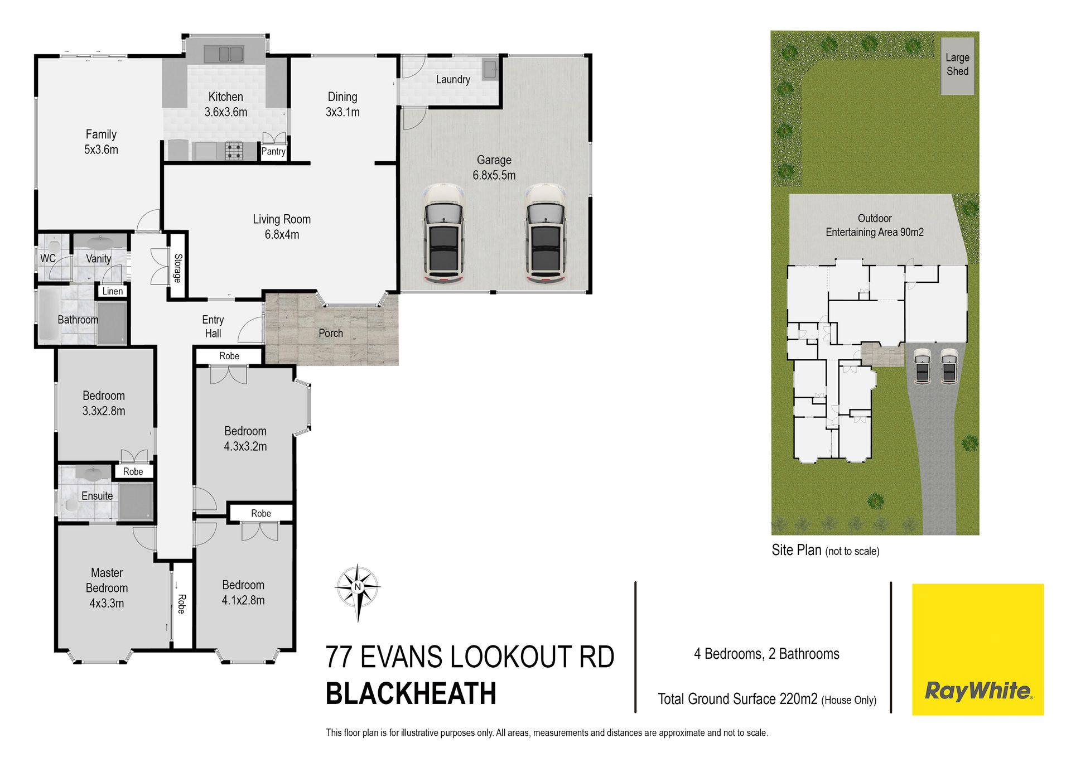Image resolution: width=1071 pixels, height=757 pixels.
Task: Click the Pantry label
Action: point(273,151)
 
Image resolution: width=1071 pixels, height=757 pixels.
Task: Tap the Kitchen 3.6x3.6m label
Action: point(226,104)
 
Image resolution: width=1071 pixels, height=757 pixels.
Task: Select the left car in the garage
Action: point(444,234)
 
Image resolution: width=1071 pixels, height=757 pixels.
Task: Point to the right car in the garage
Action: point(546,234)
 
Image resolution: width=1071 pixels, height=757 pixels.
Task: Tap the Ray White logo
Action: point(978,649)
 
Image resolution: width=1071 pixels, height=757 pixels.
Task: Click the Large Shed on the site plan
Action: point(957,66)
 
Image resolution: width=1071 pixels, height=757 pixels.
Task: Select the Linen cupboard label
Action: point(113,291)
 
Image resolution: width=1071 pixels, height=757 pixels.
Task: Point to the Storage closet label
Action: point(178,268)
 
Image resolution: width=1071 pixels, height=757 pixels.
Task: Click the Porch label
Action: point(331,333)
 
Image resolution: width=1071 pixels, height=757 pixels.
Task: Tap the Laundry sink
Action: point(490,69)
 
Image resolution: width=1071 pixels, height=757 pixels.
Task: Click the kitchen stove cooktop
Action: point(234,151)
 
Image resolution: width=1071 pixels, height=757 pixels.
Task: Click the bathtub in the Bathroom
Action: point(49,316)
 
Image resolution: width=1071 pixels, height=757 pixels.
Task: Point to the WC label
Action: point(48,258)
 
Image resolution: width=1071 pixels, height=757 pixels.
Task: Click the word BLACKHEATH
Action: point(411,694)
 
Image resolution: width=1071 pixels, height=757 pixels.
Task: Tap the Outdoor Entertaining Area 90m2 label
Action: point(875,225)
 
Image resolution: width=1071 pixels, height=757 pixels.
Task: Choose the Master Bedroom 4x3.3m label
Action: point(107,588)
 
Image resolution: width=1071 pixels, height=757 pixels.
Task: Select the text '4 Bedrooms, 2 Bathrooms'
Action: point(766,654)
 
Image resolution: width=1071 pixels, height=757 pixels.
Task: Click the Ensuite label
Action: point(97,496)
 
